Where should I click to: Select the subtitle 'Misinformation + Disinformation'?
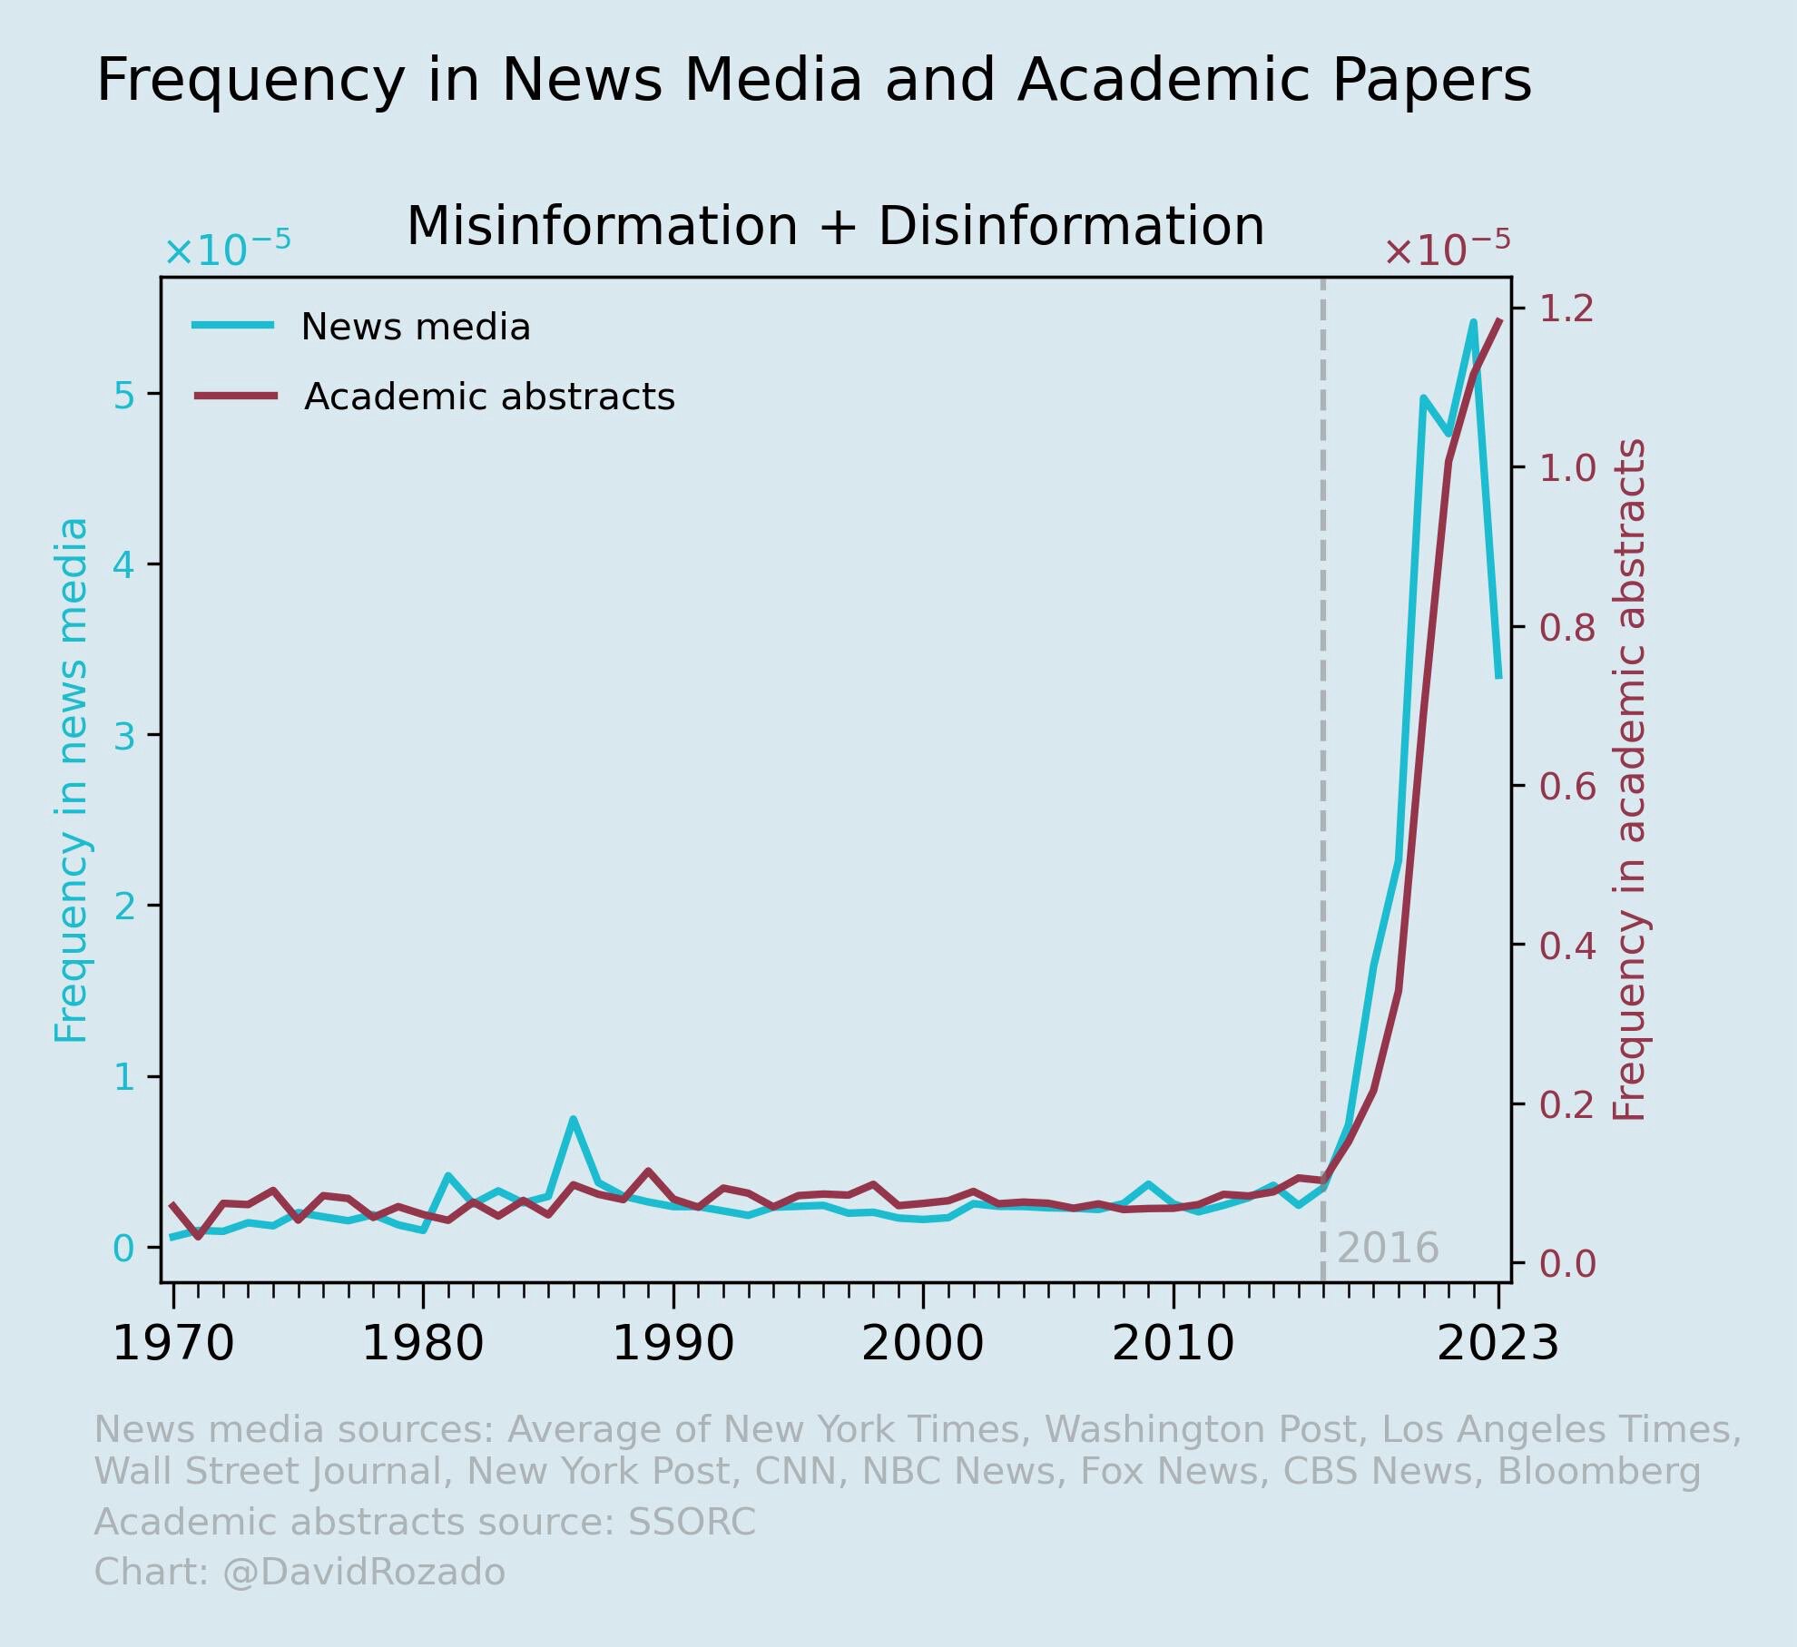point(835,226)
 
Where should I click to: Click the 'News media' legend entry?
point(415,327)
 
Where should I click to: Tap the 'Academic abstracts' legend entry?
point(489,397)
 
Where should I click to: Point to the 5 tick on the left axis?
point(123,395)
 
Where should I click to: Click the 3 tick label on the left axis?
point(123,737)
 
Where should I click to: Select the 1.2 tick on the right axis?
point(1566,309)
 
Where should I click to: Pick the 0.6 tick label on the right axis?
point(1566,787)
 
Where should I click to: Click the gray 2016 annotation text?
point(1388,1249)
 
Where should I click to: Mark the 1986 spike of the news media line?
point(574,1120)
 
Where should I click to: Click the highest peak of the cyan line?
point(1473,322)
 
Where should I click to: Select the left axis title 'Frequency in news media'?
point(71,780)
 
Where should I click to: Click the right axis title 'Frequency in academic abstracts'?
point(1630,780)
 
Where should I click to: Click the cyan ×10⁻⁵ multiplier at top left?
point(227,250)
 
